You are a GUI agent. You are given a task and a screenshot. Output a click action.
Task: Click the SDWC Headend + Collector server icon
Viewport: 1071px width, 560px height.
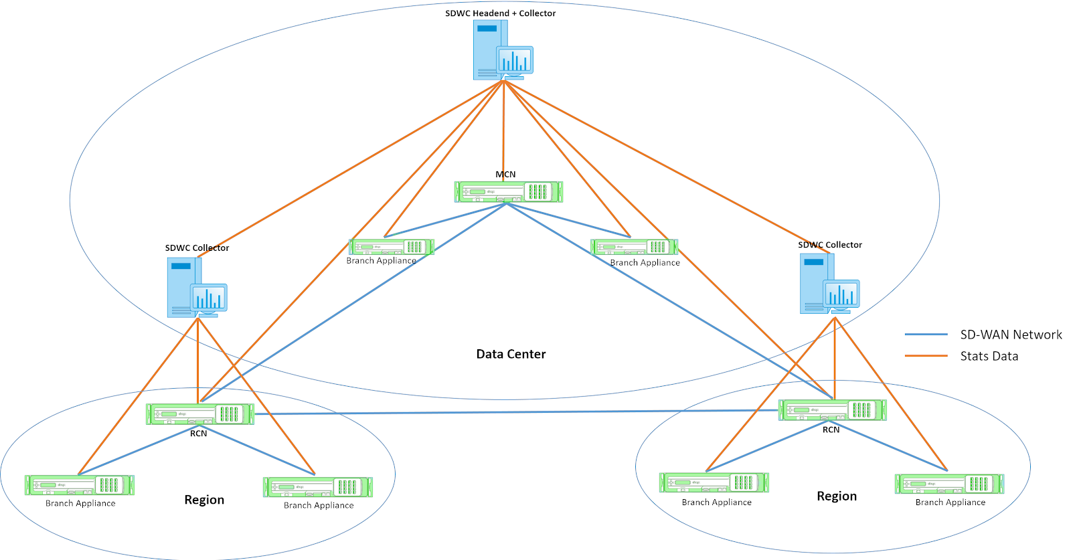pos(502,50)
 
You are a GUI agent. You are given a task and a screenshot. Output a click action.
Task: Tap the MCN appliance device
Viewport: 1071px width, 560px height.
pos(508,192)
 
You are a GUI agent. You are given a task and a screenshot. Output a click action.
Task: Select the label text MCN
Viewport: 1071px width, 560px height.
pos(505,174)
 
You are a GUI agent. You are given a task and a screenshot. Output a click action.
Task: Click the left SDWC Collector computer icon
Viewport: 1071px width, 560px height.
pos(196,288)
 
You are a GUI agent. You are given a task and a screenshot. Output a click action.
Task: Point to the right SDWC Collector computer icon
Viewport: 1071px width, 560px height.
pos(829,284)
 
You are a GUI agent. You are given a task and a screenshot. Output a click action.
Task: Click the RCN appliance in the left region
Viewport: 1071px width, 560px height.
pos(200,414)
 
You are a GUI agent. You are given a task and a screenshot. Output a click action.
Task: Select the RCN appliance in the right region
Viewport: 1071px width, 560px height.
pos(832,410)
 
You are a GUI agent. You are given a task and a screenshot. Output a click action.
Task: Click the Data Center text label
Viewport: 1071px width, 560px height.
pos(511,354)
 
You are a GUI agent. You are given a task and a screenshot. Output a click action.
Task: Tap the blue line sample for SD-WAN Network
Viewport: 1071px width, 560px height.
pos(926,335)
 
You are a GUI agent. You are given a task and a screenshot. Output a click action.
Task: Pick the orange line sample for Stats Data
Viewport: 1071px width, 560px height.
pos(926,356)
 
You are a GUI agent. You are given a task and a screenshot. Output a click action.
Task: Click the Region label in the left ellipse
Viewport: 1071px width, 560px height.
pos(204,500)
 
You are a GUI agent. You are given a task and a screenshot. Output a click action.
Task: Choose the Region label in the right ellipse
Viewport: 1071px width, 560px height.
pos(837,496)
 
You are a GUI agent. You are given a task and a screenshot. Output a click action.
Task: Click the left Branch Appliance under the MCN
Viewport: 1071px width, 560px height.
pos(392,247)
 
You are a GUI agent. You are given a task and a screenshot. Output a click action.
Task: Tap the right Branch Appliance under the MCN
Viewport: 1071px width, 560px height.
pos(634,248)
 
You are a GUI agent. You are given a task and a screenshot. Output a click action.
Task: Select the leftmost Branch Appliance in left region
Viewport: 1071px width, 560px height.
pos(80,485)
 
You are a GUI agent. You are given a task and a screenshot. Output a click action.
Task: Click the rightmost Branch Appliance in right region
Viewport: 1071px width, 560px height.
pos(949,484)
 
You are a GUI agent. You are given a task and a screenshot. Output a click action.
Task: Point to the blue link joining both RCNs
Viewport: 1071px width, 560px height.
pos(515,412)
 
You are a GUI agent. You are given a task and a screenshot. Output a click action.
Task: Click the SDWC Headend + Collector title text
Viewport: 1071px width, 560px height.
pos(500,13)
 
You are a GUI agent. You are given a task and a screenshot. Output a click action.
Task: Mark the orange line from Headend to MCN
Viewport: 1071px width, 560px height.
pos(503,127)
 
